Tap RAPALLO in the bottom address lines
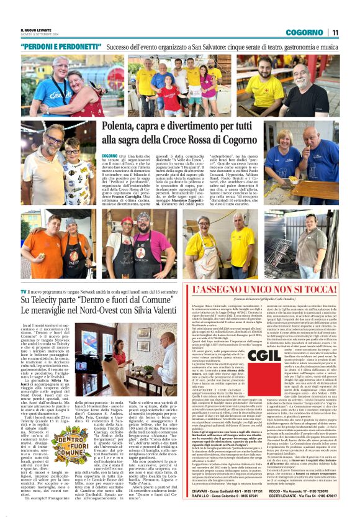click(x=203, y=508)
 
